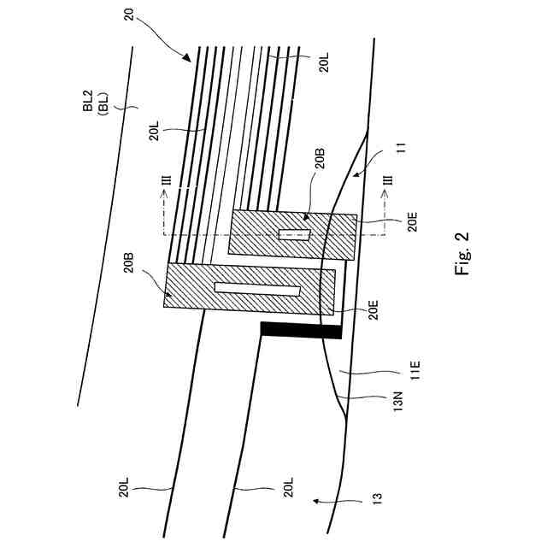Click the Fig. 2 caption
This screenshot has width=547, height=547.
point(462,254)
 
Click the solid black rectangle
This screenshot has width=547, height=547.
point(301,330)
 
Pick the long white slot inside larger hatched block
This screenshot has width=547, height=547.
point(256,289)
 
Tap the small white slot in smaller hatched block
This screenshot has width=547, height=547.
point(295,235)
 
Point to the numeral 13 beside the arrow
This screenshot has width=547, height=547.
point(377,496)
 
